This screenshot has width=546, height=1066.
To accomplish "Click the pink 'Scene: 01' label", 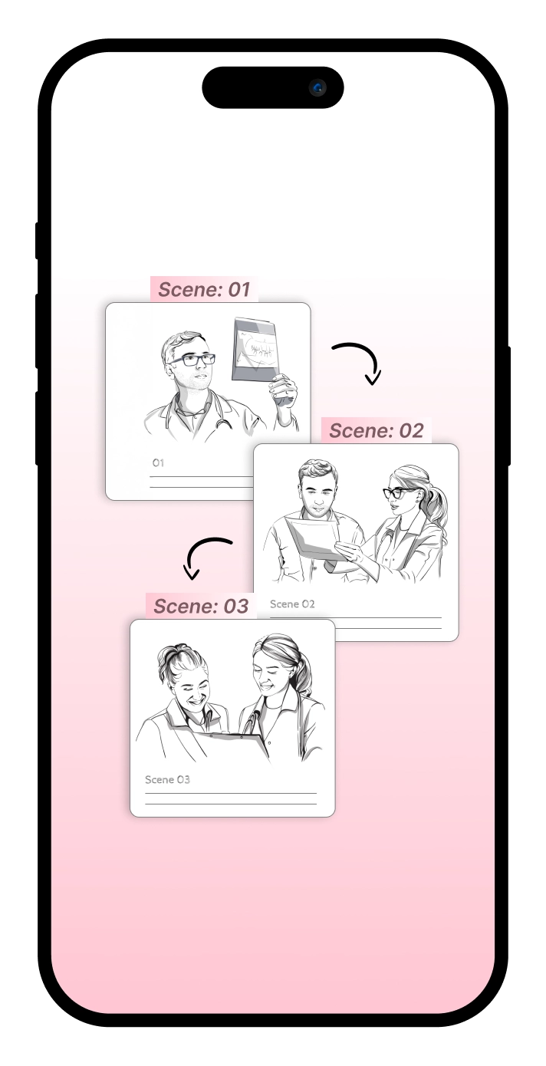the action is tap(204, 289).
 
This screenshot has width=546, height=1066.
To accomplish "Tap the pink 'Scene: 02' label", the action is tap(376, 430).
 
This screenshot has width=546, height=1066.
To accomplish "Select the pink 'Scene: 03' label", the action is tap(201, 606).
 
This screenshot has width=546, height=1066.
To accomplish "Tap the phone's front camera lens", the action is tap(318, 87).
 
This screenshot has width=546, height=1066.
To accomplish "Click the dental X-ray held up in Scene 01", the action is tap(255, 350).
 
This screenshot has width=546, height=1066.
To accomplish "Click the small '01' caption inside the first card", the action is tap(158, 462).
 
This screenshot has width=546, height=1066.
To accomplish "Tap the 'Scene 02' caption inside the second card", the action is tap(292, 604).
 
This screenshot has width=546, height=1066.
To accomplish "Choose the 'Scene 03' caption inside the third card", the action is tap(167, 779).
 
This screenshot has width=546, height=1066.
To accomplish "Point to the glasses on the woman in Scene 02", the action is tap(398, 492).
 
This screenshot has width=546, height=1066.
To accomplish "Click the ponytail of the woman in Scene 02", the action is tap(436, 509).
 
